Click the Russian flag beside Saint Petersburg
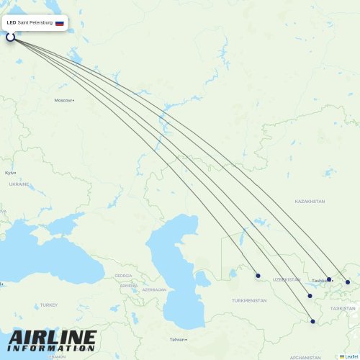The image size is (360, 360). [x=59, y=23]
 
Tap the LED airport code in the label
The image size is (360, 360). [x=11, y=23]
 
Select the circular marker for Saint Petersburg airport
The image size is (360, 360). [x=11, y=36]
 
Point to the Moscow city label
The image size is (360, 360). [x=63, y=100]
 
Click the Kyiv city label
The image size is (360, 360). [x=9, y=173]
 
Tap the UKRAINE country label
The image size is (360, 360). [x=19, y=184]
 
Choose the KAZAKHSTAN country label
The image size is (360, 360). [x=310, y=202]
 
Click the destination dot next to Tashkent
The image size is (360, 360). [x=329, y=279]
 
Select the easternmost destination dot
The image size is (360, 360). [x=347, y=282]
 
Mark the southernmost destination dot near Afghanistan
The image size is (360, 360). [x=312, y=321]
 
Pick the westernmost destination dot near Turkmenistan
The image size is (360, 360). [x=258, y=275]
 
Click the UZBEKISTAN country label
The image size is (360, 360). [x=287, y=279]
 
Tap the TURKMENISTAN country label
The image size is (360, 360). [x=249, y=300]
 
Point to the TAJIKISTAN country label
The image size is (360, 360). [x=343, y=308]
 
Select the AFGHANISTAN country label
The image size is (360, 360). [x=306, y=357]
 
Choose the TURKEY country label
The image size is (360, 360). [x=48, y=305]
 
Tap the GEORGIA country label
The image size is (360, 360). [x=123, y=276]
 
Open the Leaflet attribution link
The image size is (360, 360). [x=350, y=356]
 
